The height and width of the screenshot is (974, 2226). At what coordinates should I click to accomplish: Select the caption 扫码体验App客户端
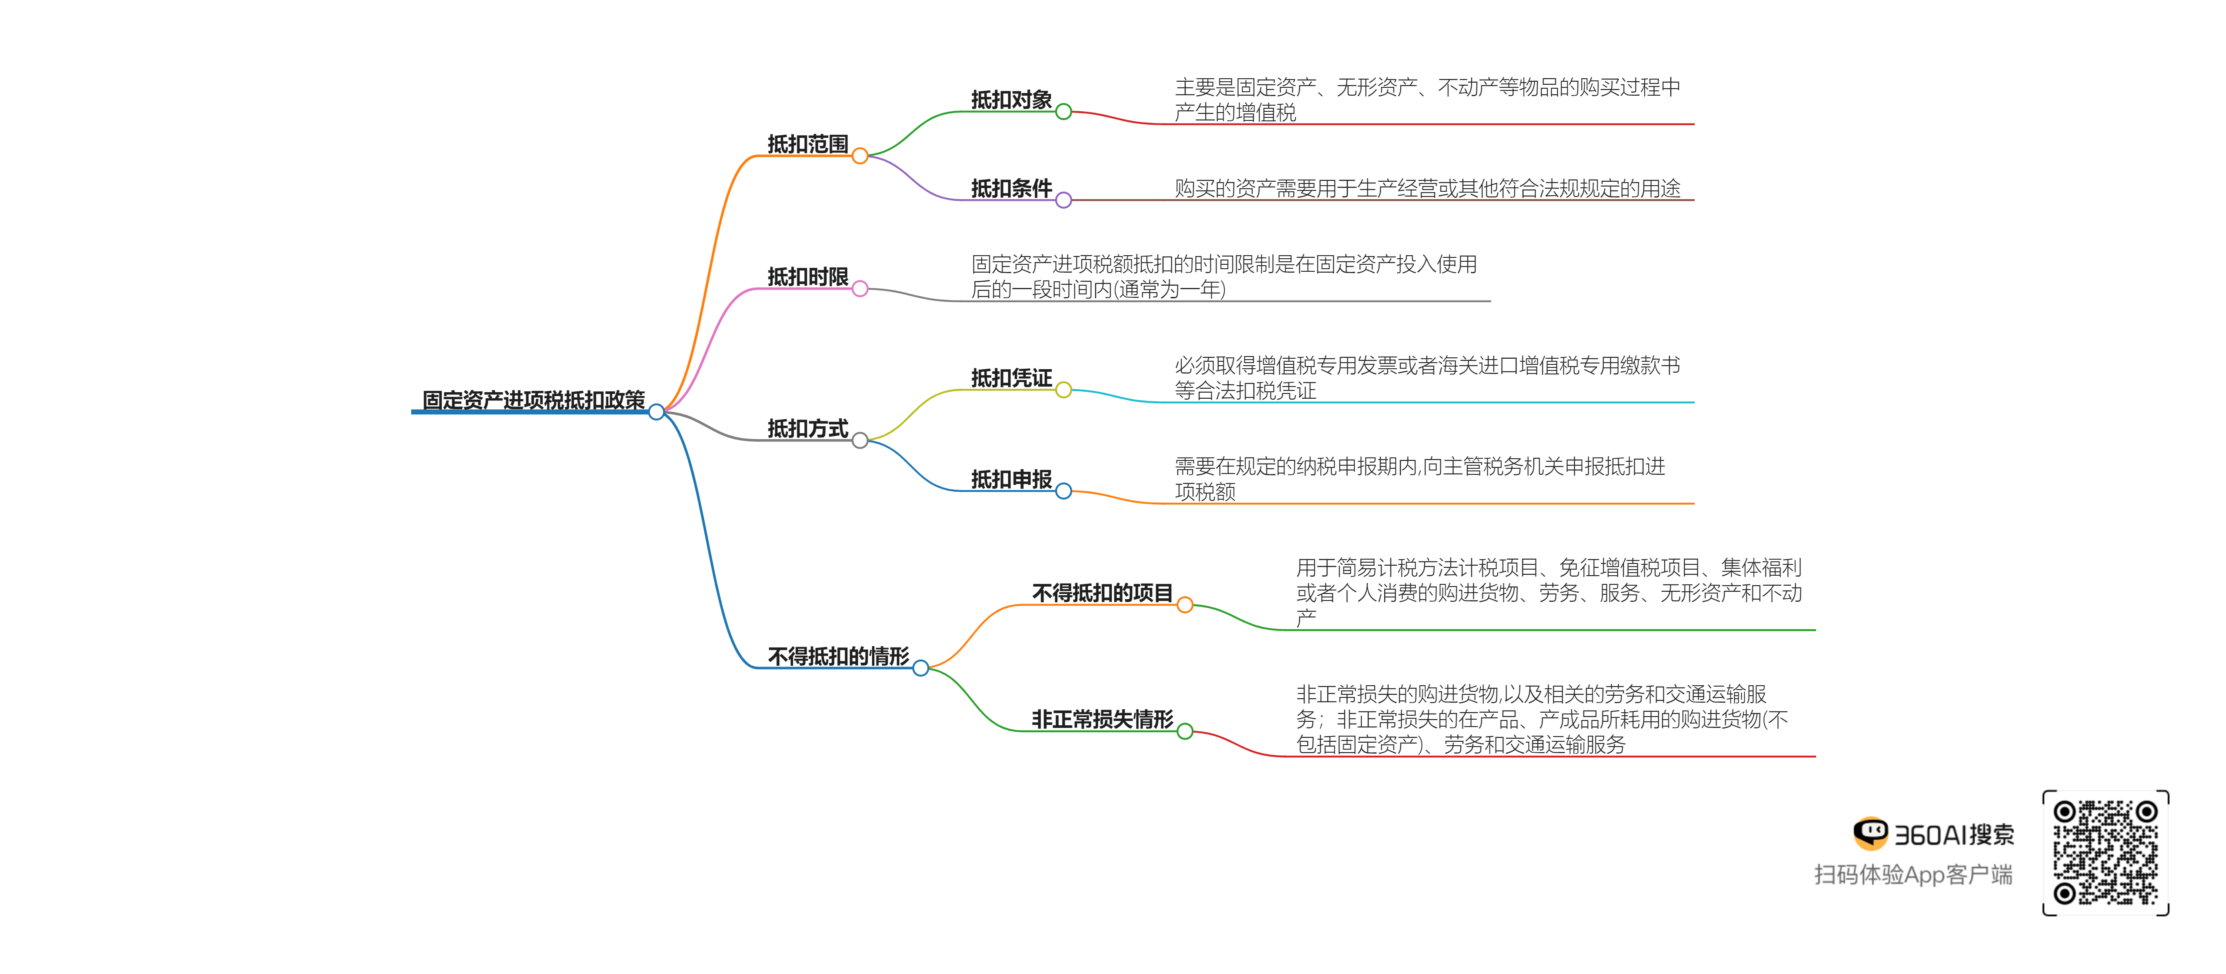point(1913,874)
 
